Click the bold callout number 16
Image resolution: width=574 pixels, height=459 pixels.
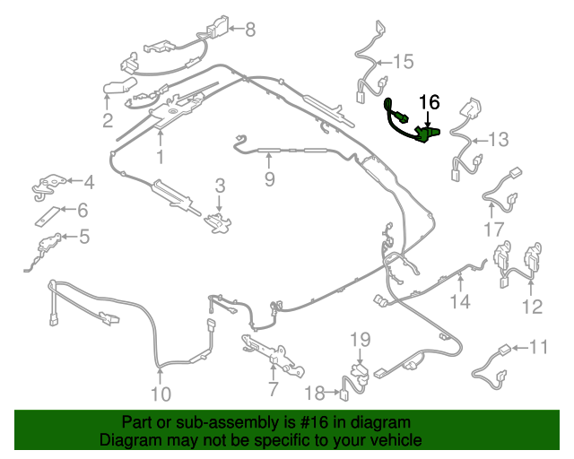coord(429,102)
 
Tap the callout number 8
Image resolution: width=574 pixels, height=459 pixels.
coord(250,30)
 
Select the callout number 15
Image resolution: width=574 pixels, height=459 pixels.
coord(404,62)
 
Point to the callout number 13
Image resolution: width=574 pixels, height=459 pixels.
coord(499,140)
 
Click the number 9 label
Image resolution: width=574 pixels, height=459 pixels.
coord(269,179)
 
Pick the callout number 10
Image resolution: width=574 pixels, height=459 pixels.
coord(161,394)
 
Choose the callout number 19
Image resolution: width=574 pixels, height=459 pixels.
coord(361,340)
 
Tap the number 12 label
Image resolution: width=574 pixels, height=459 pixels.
coord(532,307)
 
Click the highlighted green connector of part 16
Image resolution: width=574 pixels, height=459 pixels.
coord(427,134)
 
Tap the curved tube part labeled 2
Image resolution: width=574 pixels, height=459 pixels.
coord(117,87)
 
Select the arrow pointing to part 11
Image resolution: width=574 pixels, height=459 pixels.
coord(519,348)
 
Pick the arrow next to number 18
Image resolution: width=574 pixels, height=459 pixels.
coord(332,393)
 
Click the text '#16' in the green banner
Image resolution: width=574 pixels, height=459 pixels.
coord(314,422)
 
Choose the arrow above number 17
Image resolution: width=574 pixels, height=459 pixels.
coord(491,210)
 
